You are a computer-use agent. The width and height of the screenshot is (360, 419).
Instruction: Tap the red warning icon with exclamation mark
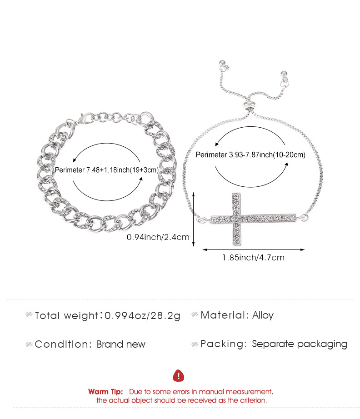coord(179,376)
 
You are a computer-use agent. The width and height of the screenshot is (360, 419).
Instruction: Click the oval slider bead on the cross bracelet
coord(250,105)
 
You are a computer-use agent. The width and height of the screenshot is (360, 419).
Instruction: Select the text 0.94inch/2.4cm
coord(158,237)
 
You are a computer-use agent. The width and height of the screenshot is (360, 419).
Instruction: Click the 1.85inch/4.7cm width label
coord(253,258)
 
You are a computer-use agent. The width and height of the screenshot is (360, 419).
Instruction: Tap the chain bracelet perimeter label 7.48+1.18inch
coord(107,170)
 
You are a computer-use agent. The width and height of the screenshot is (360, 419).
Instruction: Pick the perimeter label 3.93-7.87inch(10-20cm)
coord(250,155)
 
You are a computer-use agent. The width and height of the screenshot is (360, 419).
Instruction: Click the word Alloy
coord(263,315)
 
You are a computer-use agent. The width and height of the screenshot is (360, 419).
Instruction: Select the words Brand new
coord(121,344)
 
